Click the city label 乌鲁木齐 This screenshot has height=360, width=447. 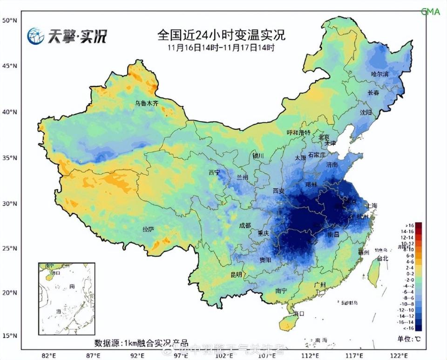[x=147, y=104]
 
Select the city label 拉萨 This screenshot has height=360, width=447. [x=148, y=229]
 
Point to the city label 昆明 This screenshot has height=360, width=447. [x=237, y=275]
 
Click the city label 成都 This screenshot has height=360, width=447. [x=245, y=226]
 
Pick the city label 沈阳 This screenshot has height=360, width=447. [x=366, y=113]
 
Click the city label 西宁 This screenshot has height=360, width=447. [x=214, y=173]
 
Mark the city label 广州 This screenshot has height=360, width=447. [x=320, y=285]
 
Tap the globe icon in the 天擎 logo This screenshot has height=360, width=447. [x=35, y=36]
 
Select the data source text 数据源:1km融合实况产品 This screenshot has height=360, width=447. [x=141, y=343]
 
